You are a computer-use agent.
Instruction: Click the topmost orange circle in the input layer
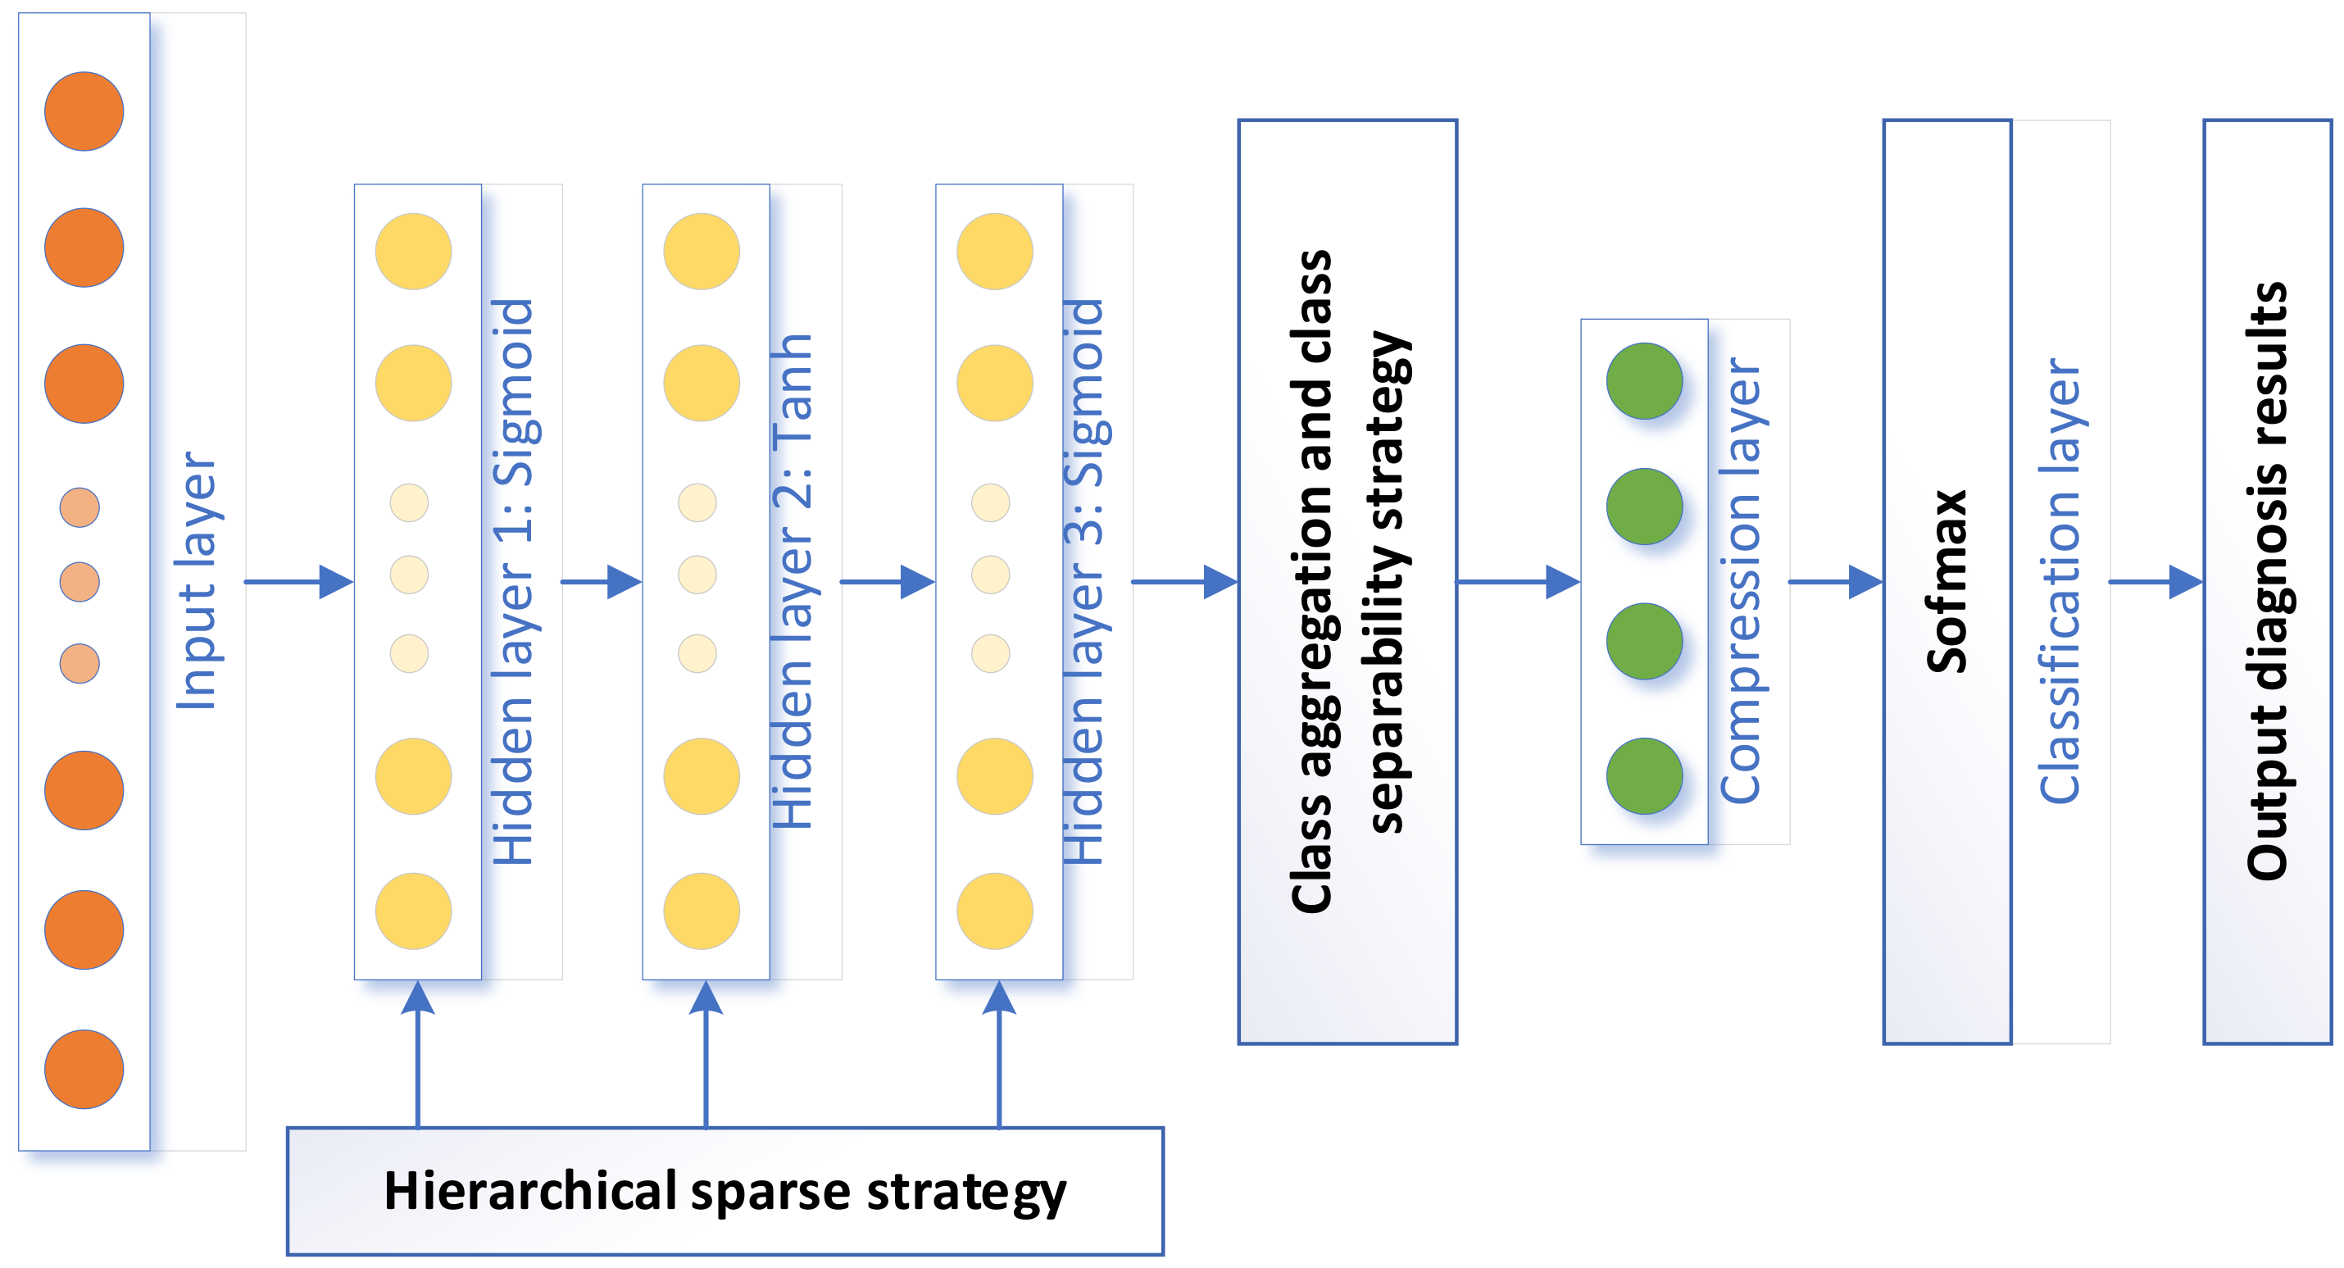click(84, 111)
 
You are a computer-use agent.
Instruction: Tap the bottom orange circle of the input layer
click(84, 1069)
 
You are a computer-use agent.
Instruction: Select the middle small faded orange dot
click(80, 582)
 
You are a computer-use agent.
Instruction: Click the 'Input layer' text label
click(197, 582)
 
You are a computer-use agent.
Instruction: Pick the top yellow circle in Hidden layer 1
click(413, 252)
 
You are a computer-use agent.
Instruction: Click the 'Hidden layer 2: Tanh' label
click(793, 582)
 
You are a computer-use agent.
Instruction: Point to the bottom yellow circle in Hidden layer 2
click(702, 911)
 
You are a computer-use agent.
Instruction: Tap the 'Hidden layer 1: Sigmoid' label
click(512, 582)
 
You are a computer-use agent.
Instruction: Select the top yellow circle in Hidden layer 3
click(995, 252)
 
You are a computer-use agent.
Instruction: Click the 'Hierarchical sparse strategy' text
click(725, 1191)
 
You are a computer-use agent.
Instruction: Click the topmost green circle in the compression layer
click(1644, 380)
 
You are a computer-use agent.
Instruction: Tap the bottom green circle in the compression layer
click(1644, 775)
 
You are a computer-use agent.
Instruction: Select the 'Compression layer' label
click(1741, 582)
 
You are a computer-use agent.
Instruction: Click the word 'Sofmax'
click(1947, 582)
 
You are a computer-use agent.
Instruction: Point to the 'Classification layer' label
click(2059, 582)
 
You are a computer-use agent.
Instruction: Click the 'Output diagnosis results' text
click(2267, 582)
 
